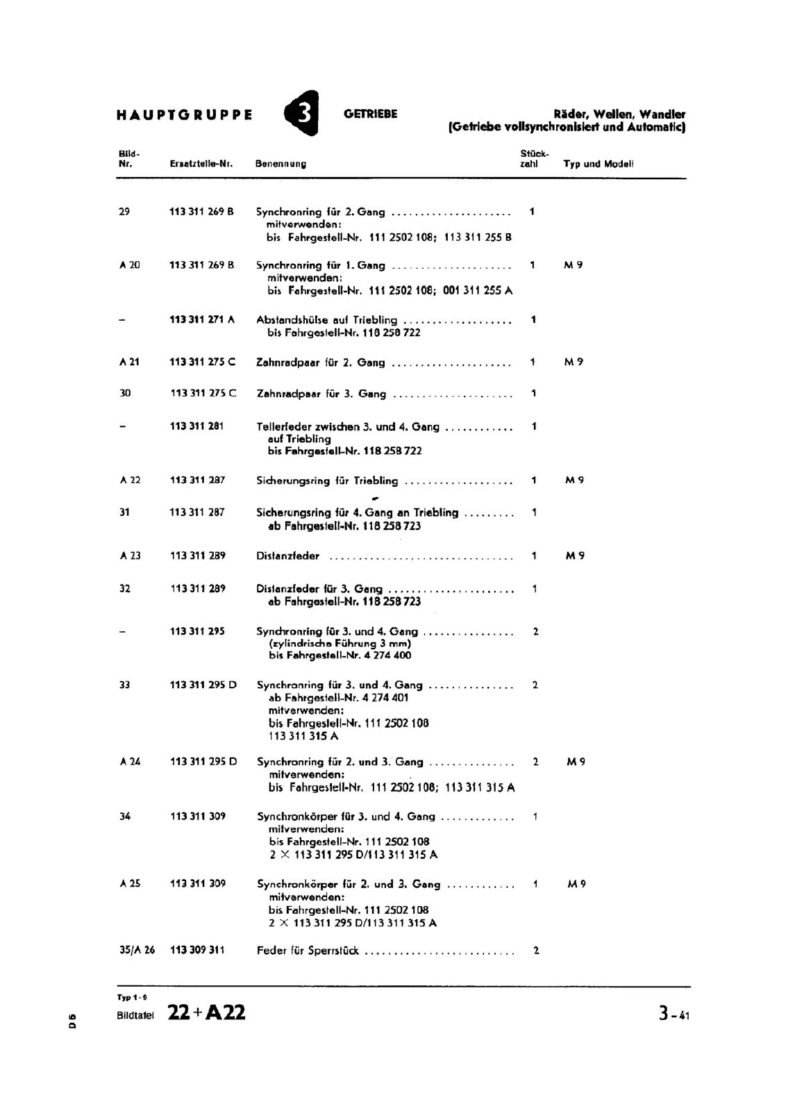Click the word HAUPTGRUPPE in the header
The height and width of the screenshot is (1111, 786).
click(185, 115)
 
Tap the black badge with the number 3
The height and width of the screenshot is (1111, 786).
click(303, 113)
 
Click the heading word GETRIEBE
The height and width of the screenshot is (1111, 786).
click(371, 114)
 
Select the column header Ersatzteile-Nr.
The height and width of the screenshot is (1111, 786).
click(201, 165)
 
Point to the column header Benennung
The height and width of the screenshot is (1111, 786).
click(281, 165)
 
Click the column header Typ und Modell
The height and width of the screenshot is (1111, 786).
click(598, 165)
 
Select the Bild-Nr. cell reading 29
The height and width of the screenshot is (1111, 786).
click(124, 212)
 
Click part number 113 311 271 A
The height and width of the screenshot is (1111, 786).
click(202, 319)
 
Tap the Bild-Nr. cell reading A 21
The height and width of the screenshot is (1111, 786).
click(129, 362)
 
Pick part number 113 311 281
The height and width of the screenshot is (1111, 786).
click(196, 426)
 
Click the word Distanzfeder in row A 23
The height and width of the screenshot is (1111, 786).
click(288, 556)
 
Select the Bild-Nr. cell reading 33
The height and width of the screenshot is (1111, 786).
click(125, 685)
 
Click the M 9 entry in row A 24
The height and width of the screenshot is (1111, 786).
click(576, 762)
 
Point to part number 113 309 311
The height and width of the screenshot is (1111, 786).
click(197, 950)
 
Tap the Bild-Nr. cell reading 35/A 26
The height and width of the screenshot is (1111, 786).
click(137, 950)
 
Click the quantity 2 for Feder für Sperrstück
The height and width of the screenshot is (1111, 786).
click(536, 950)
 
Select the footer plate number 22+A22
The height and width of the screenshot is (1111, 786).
click(206, 1013)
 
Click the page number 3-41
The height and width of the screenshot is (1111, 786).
click(674, 1014)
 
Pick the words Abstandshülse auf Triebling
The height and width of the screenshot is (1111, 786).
click(326, 320)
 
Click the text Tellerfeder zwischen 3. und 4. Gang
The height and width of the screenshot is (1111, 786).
click(348, 427)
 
